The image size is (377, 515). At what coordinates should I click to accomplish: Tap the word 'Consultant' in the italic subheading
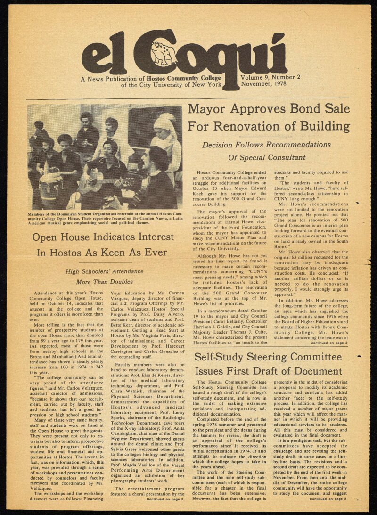point(284,157)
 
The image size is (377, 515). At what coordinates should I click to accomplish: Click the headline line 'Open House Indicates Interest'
point(102,237)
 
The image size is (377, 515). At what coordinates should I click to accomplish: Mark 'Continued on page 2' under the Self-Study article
point(328,498)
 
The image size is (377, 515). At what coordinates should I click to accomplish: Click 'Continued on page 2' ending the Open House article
point(165,499)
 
